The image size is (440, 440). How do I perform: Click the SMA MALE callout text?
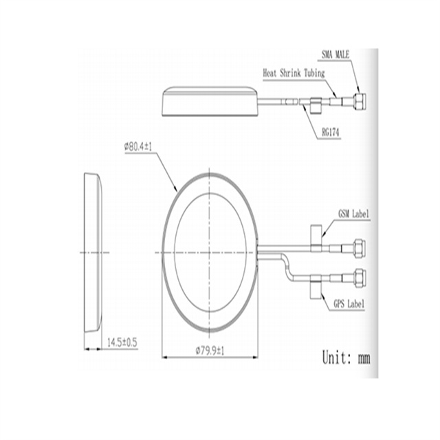pyautogui.click(x=335, y=54)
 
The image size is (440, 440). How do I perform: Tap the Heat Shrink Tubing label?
pyautogui.click(x=294, y=74)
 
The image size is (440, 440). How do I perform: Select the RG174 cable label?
pyautogui.click(x=330, y=133)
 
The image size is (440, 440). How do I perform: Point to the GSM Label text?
pyautogui.click(x=353, y=214)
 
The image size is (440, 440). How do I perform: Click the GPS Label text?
pyautogui.click(x=349, y=304)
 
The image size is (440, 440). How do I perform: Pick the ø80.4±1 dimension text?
pyautogui.click(x=138, y=146)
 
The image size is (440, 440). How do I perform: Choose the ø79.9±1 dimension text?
pyautogui.click(x=210, y=351)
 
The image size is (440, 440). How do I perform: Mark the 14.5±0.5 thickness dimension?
pyautogui.click(x=122, y=342)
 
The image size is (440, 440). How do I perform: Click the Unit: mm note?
pyautogui.click(x=346, y=357)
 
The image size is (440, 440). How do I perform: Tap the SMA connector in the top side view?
pyautogui.click(x=359, y=101)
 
